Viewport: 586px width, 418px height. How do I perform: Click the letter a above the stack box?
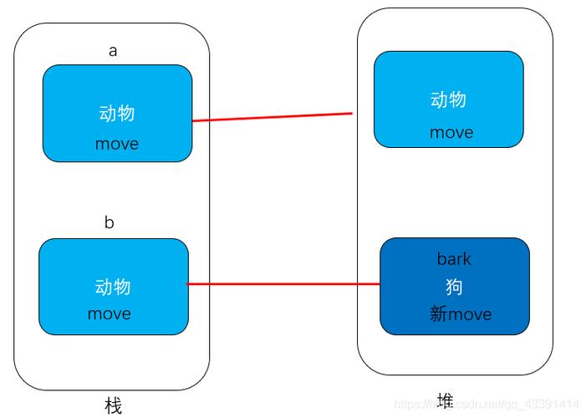coord(113,50)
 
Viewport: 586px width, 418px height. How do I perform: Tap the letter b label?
coord(110,223)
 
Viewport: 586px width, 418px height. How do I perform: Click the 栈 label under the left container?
coord(113,406)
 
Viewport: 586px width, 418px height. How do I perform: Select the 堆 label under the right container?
coord(446,400)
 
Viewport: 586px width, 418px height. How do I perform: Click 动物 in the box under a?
coord(117,114)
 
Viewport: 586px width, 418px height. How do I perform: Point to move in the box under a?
coord(117,144)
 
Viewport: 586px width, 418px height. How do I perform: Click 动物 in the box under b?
coord(114,287)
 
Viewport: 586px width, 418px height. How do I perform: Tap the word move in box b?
coord(110,314)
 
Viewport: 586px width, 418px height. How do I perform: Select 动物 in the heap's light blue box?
coord(448,100)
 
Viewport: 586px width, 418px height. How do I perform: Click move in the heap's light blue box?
coord(451,132)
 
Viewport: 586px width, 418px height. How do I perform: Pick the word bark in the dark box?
coord(454,258)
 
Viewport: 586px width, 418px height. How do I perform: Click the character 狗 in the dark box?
coord(454,287)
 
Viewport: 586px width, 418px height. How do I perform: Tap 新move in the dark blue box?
coord(461,314)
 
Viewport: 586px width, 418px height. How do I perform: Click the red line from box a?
coord(272,117)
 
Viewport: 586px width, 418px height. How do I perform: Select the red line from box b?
coord(284,284)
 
